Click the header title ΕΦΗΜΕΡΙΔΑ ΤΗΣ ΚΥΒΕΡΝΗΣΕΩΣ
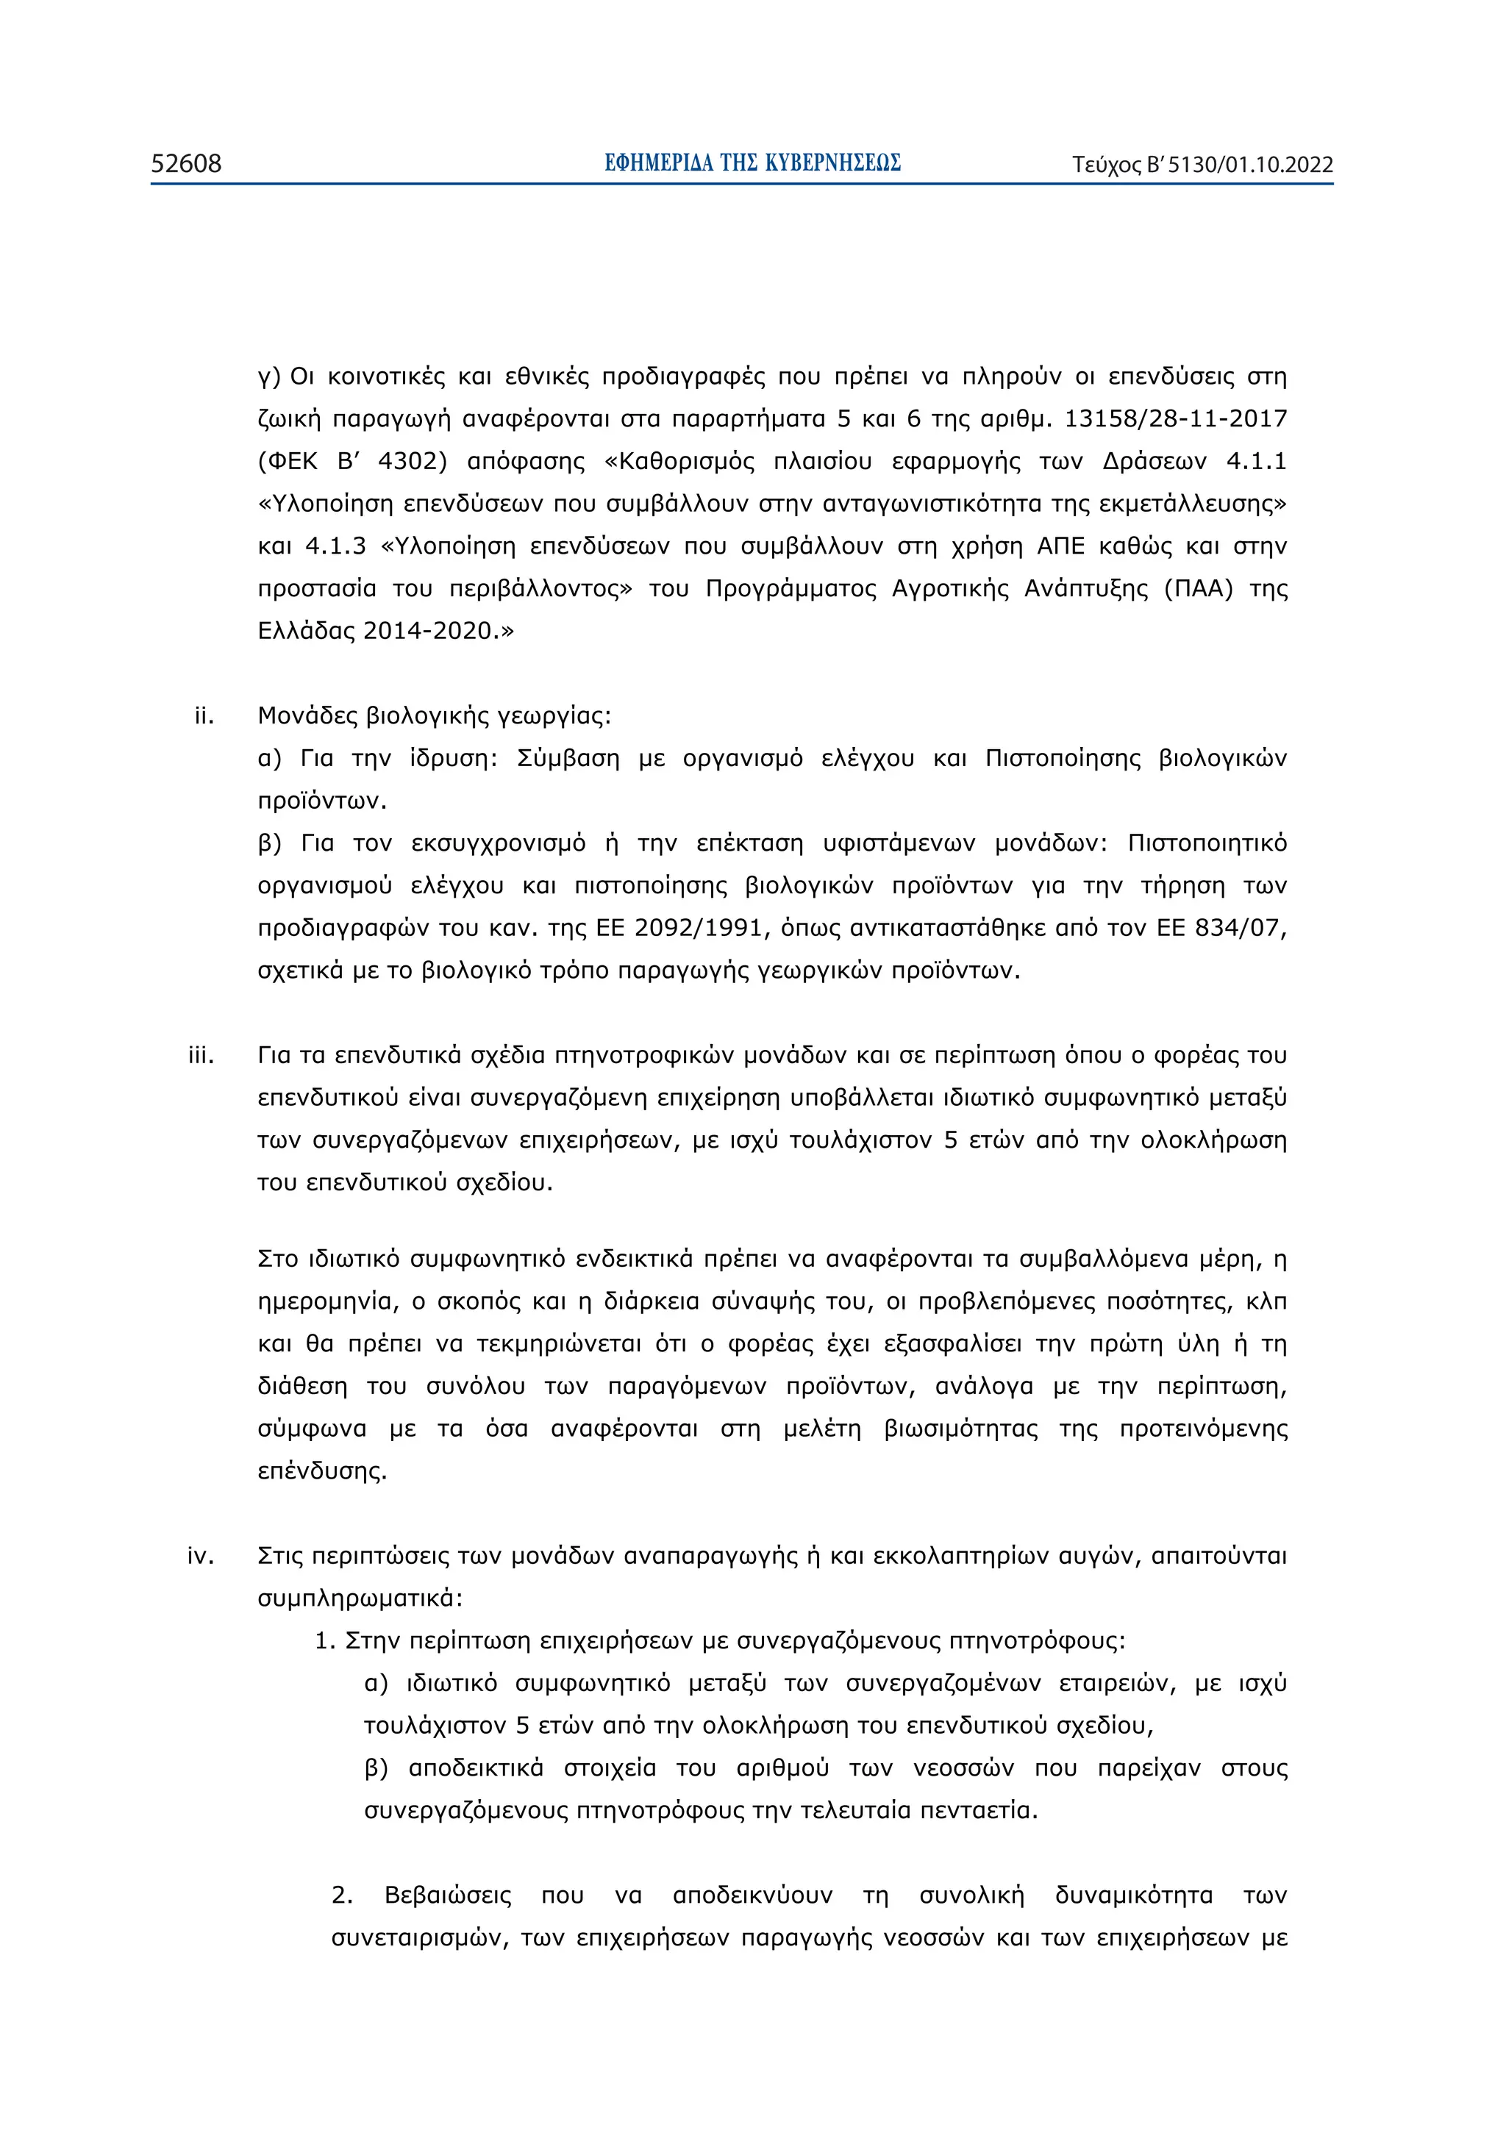coord(752,163)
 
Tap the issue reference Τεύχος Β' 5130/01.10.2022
coord(1202,165)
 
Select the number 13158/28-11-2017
coord(1176,418)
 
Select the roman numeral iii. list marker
coord(201,1055)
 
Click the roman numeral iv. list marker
coord(201,1556)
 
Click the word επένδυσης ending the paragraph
coord(321,1471)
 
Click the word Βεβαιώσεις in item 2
coord(447,1895)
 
